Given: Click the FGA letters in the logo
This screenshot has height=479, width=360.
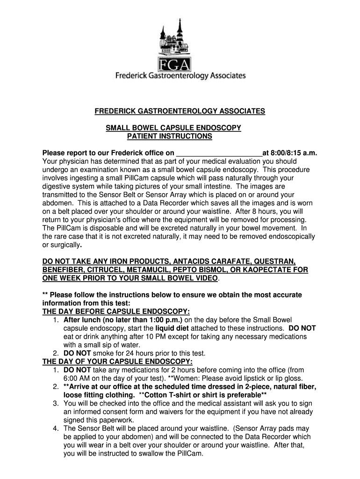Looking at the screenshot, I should pos(180,64).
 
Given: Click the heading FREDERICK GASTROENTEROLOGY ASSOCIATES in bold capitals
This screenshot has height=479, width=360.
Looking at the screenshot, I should pos(180,111).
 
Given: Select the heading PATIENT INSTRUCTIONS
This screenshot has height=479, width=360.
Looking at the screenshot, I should pos(170,137).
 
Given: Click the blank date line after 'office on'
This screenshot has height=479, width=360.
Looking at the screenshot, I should pos(218,153).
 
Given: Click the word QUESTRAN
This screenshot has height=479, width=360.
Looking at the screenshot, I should pos(274,261).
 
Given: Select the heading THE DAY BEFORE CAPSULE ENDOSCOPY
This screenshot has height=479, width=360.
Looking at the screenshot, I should pos(116,312).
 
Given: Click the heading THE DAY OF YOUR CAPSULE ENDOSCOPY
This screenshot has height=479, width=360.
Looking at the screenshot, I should pos(117,362).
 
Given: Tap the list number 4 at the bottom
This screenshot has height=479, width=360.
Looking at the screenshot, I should pos(55,428).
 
